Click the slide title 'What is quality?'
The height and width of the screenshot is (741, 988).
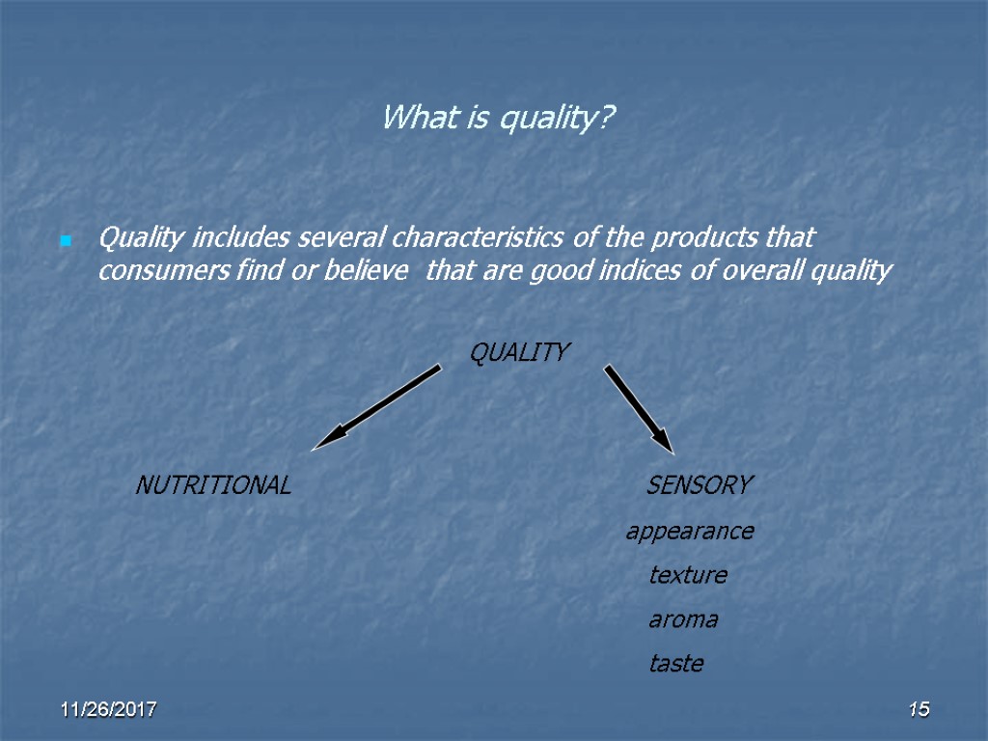pyautogui.click(x=499, y=119)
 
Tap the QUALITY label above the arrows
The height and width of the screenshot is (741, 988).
pyautogui.click(x=519, y=353)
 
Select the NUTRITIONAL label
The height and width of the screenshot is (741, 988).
pyautogui.click(x=213, y=485)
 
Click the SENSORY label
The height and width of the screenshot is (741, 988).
pyautogui.click(x=699, y=485)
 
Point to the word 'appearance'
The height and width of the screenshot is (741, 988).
pyautogui.click(x=689, y=531)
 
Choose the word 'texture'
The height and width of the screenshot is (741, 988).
pyautogui.click(x=688, y=575)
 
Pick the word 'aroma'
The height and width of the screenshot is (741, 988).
pyautogui.click(x=683, y=619)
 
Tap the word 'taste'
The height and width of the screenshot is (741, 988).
pyautogui.click(x=676, y=664)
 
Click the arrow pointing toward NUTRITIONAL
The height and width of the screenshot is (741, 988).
pyautogui.click(x=376, y=406)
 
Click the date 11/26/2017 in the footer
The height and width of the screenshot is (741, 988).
pyautogui.click(x=110, y=711)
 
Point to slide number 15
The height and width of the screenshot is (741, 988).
pyautogui.click(x=919, y=711)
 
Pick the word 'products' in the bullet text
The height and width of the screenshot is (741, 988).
pyautogui.click(x=701, y=237)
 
